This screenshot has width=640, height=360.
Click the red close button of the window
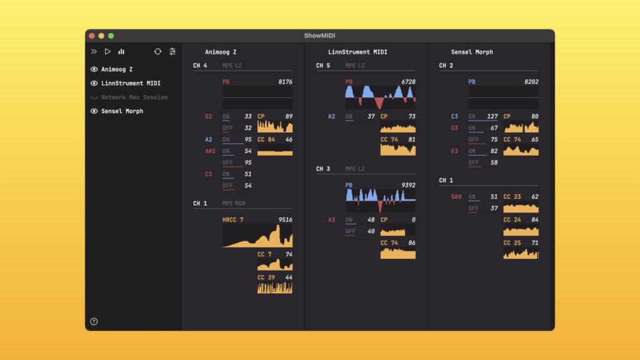click(92, 36)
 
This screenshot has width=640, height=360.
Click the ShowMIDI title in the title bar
click(319, 36)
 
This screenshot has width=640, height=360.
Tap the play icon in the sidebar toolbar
click(107, 52)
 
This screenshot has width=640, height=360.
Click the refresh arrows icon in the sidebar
click(157, 52)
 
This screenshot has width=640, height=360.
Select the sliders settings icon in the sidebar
click(172, 52)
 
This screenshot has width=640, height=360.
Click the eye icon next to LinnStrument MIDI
click(94, 83)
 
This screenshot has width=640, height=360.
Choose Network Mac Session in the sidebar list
click(134, 97)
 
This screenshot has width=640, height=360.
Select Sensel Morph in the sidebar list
click(122, 111)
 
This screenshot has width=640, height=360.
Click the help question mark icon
click(94, 322)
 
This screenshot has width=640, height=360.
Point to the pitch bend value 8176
click(285, 82)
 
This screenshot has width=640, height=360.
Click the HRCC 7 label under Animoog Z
click(233, 220)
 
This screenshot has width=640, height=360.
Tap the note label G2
click(209, 116)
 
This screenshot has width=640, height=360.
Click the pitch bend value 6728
click(408, 82)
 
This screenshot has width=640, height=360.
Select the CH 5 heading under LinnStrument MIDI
click(323, 66)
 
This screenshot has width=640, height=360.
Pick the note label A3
click(332, 220)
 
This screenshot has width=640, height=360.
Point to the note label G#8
click(456, 197)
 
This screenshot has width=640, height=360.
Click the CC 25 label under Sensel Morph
click(512, 242)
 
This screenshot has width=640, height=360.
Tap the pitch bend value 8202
click(531, 82)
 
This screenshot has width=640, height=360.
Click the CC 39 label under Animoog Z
click(266, 277)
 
